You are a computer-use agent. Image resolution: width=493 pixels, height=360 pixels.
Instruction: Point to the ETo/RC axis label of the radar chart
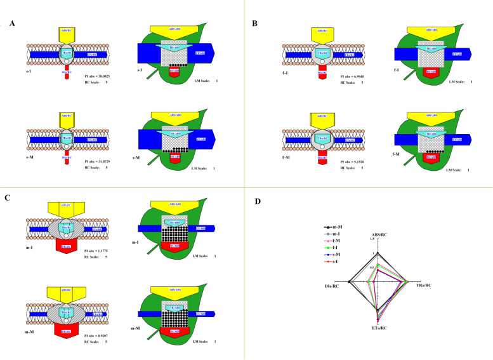pyautogui.click(x=378, y=328)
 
